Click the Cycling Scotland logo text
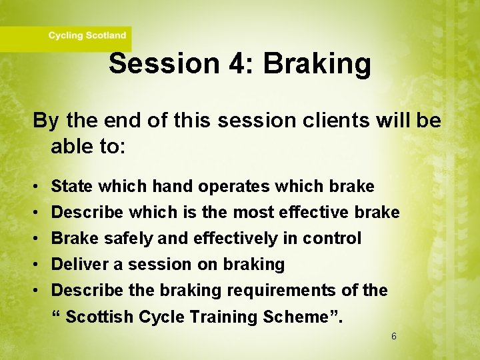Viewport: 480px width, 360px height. [87, 35]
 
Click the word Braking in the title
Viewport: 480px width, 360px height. [317, 64]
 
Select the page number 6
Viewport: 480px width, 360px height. [393, 337]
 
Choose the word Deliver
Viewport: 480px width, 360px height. [79, 264]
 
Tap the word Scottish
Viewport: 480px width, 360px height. [99, 317]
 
